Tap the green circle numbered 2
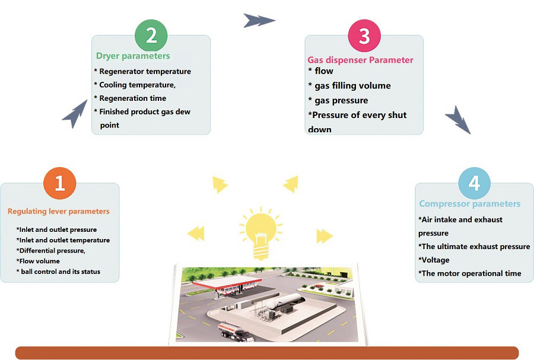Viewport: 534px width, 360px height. coord(151,36)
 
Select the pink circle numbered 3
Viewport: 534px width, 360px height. coord(364,36)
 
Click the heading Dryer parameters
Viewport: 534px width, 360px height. coord(133,56)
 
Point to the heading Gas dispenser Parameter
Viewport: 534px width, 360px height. coord(360,60)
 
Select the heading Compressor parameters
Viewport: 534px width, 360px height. coord(469,203)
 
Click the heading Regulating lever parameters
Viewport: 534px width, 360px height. coord(58,211)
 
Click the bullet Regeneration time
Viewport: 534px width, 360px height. coord(132,98)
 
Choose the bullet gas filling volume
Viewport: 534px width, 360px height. coord(352,85)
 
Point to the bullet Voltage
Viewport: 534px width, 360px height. coord(434,260)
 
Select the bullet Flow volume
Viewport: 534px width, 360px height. coord(38,261)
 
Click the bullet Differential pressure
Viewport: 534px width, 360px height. coord(50,250)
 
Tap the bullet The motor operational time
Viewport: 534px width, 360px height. coord(470,273)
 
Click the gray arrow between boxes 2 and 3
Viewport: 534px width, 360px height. coord(259,21)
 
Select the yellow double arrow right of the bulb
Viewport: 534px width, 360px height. coord(324,236)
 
